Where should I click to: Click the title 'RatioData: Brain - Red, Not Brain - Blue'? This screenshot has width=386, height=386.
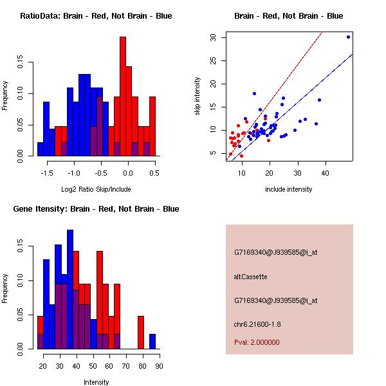click(x=96, y=15)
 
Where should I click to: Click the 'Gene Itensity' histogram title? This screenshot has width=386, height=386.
click(x=96, y=209)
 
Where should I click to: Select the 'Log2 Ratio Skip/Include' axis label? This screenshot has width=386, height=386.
click(x=96, y=189)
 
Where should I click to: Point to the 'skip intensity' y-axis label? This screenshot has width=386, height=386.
click(x=198, y=96)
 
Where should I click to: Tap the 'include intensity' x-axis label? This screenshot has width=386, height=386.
click(x=289, y=189)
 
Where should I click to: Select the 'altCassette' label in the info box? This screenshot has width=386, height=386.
click(x=250, y=277)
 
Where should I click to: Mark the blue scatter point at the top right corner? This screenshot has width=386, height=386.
click(x=348, y=37)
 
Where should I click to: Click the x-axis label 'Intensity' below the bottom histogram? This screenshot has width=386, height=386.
click(x=96, y=382)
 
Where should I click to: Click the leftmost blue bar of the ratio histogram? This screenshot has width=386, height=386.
click(x=40, y=149)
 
